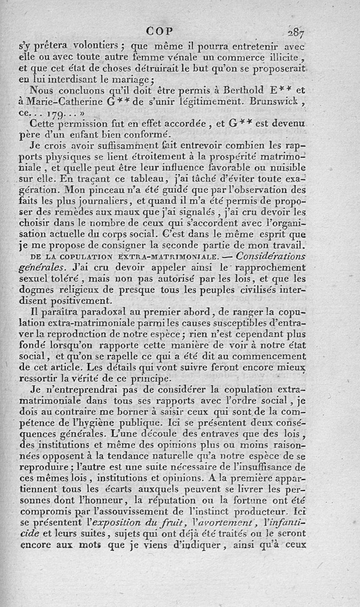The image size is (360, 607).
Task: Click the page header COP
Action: (161, 32)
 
